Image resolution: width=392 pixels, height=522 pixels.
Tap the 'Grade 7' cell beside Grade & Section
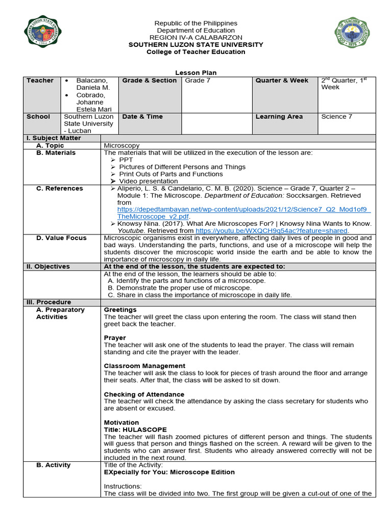pyautogui.click(x=198, y=81)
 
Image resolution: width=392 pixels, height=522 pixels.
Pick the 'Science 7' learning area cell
pyautogui.click(x=336, y=117)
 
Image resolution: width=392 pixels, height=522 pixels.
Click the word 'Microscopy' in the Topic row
pyautogui.click(x=121, y=146)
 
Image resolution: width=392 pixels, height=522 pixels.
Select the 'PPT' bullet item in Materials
pyautogui.click(x=126, y=160)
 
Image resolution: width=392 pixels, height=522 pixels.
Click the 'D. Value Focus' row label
pyautogui.click(x=61, y=238)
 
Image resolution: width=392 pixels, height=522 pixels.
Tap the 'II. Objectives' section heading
pyautogui.click(x=48, y=267)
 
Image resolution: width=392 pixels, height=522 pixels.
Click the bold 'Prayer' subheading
pyautogui.click(x=115, y=338)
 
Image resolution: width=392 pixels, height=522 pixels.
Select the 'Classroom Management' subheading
pyautogui.click(x=144, y=366)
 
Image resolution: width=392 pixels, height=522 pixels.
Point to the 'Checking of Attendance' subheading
pyautogui.click(x=144, y=395)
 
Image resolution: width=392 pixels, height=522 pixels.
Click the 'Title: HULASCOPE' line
pyautogui.click(x=135, y=430)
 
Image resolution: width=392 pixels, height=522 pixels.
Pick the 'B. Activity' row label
pyautogui.click(x=53, y=465)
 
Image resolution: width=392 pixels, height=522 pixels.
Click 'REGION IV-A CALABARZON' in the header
pyautogui.click(x=196, y=38)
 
